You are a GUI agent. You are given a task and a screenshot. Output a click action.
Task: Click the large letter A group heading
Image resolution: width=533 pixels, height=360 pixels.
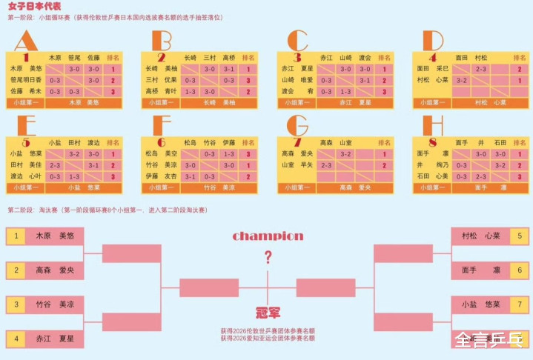tap(25, 41)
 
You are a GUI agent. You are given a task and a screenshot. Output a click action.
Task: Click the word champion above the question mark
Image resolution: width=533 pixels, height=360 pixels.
tap(268, 236)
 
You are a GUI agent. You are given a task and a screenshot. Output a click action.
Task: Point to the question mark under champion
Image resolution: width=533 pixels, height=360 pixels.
tap(268, 257)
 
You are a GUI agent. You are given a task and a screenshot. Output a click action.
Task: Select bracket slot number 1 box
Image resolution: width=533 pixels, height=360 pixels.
tap(16, 236)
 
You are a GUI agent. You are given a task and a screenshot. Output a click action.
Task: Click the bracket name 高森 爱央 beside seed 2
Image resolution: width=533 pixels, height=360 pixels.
tap(55, 270)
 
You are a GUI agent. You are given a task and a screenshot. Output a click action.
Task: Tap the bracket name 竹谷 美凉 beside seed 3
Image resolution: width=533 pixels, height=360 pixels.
tap(55, 304)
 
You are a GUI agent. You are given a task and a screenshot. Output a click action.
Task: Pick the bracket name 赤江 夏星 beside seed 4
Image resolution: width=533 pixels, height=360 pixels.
tap(55, 339)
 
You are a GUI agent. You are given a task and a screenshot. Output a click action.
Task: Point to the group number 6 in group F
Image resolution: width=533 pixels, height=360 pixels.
tap(162, 142)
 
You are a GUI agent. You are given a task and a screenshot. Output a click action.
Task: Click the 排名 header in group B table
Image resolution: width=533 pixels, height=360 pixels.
tap(248, 57)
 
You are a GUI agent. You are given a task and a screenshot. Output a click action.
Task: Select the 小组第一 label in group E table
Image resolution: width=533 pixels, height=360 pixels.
tap(25, 188)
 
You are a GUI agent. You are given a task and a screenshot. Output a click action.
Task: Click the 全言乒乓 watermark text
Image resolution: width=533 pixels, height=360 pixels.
tap(489, 341)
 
